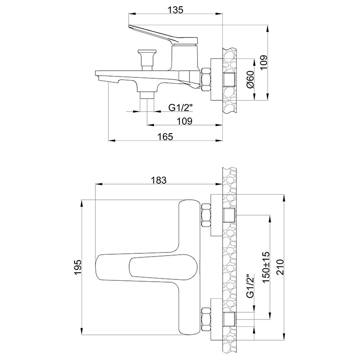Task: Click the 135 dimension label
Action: pyautogui.click(x=175, y=10)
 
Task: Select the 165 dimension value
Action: pyautogui.click(x=165, y=137)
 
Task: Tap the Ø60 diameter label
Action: pyautogui.click(x=250, y=80)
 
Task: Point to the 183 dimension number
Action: pyautogui.click(x=158, y=180)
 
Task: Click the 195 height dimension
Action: pyautogui.click(x=78, y=267)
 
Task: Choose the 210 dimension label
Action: pyautogui.click(x=280, y=267)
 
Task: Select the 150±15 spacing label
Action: pyautogui.click(x=266, y=267)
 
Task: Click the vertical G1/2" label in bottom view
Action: pyautogui.click(x=251, y=286)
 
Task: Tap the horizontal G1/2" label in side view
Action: pyautogui.click(x=180, y=107)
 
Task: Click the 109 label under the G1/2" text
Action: pyautogui.click(x=184, y=121)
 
